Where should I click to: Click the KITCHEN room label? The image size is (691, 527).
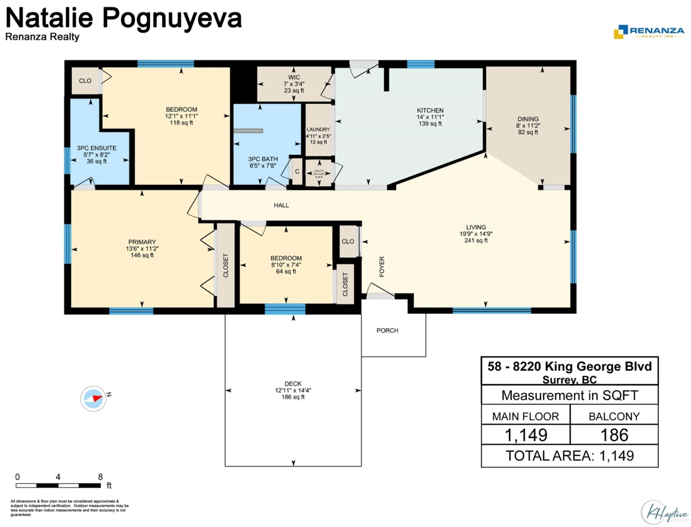pos(430,111)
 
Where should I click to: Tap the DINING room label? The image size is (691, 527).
pos(527,119)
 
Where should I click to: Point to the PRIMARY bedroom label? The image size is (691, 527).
pos(142,242)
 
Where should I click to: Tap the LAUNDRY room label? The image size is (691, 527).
pos(318,130)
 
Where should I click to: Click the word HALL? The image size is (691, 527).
pos(281,205)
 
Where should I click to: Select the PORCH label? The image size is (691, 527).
pos(387,331)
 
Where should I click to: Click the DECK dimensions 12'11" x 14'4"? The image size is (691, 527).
pos(293,390)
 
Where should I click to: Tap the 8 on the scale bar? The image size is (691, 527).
pos(100,477)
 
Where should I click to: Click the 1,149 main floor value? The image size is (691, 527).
pos(525,434)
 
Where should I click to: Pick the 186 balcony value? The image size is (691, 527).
pos(614,434)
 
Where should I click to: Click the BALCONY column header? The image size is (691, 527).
pos(614,415)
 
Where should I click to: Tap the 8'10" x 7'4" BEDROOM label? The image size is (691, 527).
pos(286,265)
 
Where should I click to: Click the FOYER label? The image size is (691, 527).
pos(381,267)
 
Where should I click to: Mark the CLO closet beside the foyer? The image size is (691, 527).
pos(348,241)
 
